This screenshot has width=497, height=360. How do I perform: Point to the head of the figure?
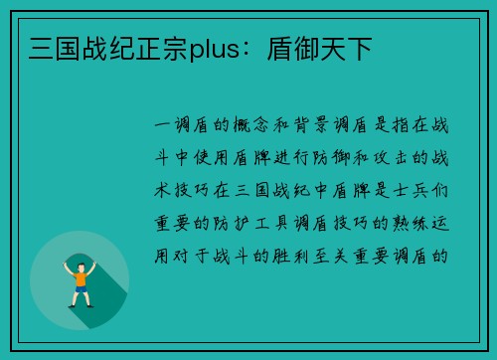(80, 266)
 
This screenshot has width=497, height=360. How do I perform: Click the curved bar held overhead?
(80, 258)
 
